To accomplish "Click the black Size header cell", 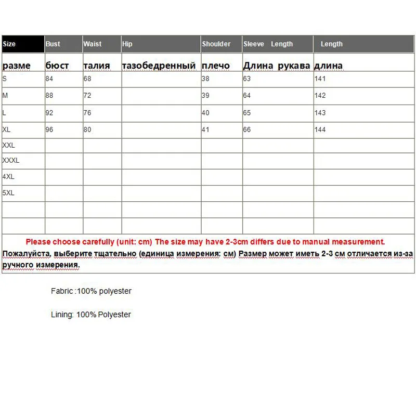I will [23, 44].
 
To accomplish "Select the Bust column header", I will [53, 44].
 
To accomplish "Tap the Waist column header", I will [93, 44].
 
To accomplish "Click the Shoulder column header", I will [216, 44].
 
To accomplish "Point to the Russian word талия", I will [97, 66].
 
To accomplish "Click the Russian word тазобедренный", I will [159, 66].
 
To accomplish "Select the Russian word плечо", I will [216, 66].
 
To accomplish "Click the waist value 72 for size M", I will [87, 96].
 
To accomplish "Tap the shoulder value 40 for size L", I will [205, 113].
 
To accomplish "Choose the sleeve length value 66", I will [247, 129].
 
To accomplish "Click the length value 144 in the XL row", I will [320, 129].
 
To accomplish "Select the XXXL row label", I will [11, 161].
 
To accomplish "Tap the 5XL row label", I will [8, 193].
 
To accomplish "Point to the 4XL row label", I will [8, 177].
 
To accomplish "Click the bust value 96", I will [50, 129].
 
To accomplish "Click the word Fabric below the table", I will [62, 291].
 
